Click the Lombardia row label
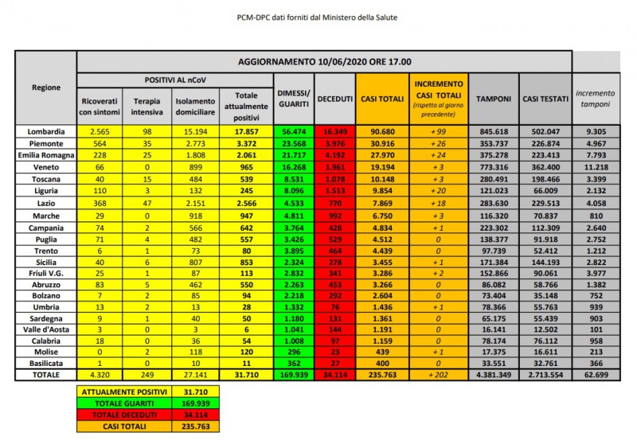45,130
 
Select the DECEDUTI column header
335,98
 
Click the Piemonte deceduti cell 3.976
335,143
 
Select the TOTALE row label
45,374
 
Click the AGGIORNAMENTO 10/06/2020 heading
324,61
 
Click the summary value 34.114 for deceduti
195,414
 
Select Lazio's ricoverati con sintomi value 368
100,204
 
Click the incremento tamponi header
596,98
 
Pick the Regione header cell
45,88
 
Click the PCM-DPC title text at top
318,16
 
